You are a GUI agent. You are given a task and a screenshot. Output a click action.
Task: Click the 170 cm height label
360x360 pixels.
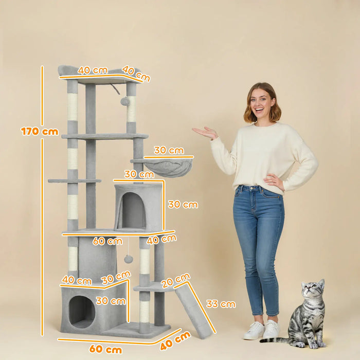point(40,131)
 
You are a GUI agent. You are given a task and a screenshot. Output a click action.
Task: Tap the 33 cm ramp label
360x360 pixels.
point(221,304)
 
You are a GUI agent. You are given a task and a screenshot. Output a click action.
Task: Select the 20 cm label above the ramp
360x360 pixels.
point(175,280)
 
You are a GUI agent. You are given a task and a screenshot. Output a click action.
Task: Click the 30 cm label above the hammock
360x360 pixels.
point(169,150)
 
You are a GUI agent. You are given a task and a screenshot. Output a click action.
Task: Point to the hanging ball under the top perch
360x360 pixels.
point(125,101)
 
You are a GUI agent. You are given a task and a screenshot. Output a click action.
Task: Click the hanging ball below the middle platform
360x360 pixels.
point(128,259)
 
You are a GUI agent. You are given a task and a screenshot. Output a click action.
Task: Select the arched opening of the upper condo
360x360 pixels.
point(133,210)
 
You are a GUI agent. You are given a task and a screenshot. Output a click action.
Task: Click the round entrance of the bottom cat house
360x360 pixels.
point(82,311)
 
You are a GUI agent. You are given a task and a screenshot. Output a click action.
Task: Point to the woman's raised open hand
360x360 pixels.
point(205,133)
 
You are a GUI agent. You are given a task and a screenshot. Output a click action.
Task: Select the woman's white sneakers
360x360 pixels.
point(262,330)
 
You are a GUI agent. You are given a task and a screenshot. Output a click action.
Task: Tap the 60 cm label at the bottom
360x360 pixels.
point(106,350)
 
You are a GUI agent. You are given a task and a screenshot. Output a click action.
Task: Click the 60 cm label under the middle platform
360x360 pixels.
point(107,241)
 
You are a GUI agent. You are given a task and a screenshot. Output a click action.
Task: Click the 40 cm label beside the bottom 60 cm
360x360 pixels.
point(175,340)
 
